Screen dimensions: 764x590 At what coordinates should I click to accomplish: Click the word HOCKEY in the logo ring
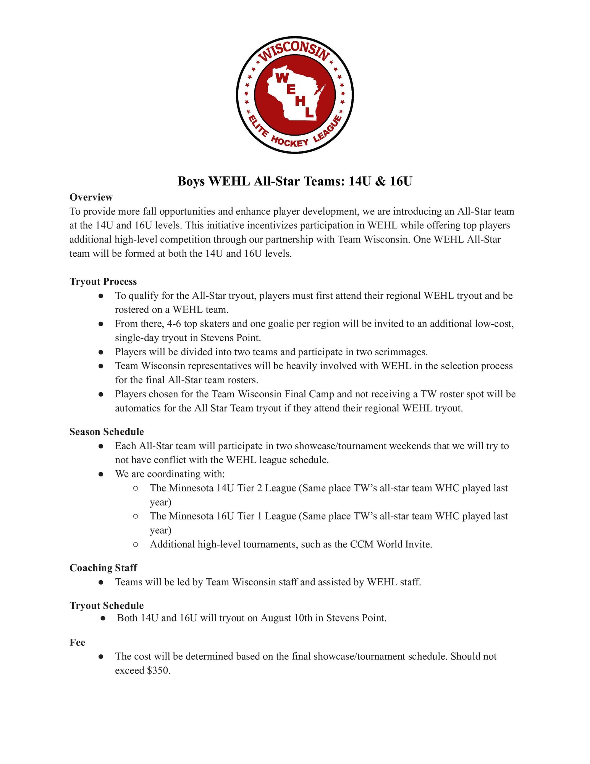pos(289,141)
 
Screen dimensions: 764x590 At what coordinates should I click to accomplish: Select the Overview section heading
pos(91,197)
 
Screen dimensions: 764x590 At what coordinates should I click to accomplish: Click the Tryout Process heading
pos(103,282)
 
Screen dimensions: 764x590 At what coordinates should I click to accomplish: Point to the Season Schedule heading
pos(107,432)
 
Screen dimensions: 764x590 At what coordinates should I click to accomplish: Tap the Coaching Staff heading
pos(103,568)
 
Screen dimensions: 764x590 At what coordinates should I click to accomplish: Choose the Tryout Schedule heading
pos(107,605)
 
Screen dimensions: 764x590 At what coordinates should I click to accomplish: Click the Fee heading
pos(77,643)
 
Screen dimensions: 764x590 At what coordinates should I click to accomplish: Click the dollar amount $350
pos(158,670)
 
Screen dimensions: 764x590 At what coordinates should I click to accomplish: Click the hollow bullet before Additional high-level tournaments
pos(136,544)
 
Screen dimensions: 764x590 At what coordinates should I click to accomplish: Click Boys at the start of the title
pos(191,181)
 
